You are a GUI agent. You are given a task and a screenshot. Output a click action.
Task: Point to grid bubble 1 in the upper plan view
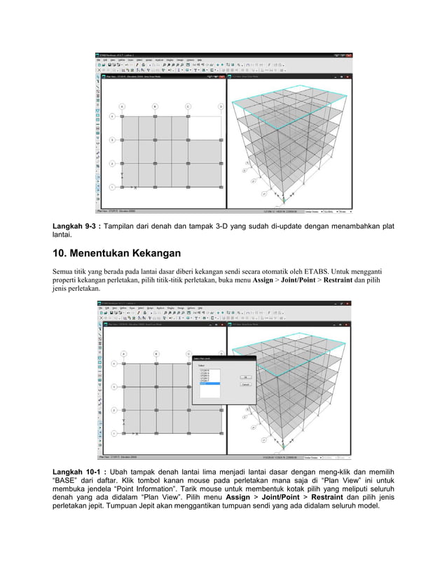point(111,187)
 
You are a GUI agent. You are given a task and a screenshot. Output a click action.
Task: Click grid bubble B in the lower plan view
point(155,353)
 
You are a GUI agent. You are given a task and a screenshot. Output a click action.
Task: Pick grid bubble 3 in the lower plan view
point(111,386)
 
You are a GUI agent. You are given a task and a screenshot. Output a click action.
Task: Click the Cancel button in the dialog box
point(246,385)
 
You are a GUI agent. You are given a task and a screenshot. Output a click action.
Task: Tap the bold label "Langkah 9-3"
point(76,226)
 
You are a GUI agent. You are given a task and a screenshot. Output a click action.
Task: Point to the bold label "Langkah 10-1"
point(78,471)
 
